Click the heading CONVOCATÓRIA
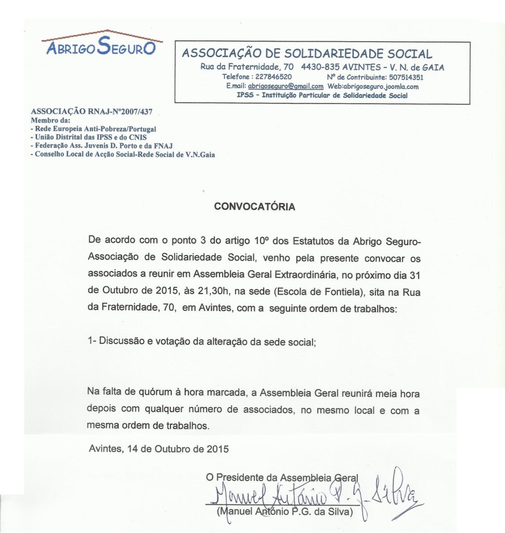pos(255,207)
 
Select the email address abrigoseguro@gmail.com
pos(286,86)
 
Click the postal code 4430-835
pos(321,67)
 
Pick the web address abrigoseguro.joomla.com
pos(380,86)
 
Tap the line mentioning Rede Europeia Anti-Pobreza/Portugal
pos(94,129)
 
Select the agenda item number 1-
pos(93,341)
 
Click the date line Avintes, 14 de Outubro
pos(158,448)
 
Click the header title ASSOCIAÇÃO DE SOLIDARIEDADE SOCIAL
pos(306,54)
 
